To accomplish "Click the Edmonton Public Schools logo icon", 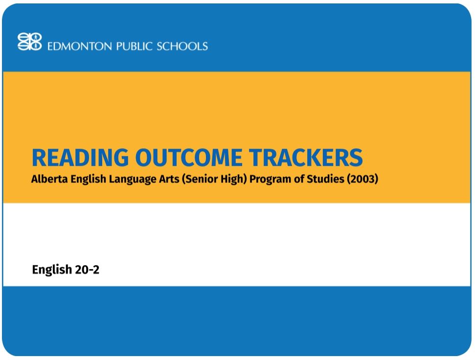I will (29, 42).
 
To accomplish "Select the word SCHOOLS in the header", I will (182, 46).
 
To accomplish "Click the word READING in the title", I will (81, 157).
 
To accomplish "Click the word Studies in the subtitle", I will (325, 179).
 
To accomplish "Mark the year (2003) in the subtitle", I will (362, 179).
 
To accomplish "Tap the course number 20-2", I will (87, 270).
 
